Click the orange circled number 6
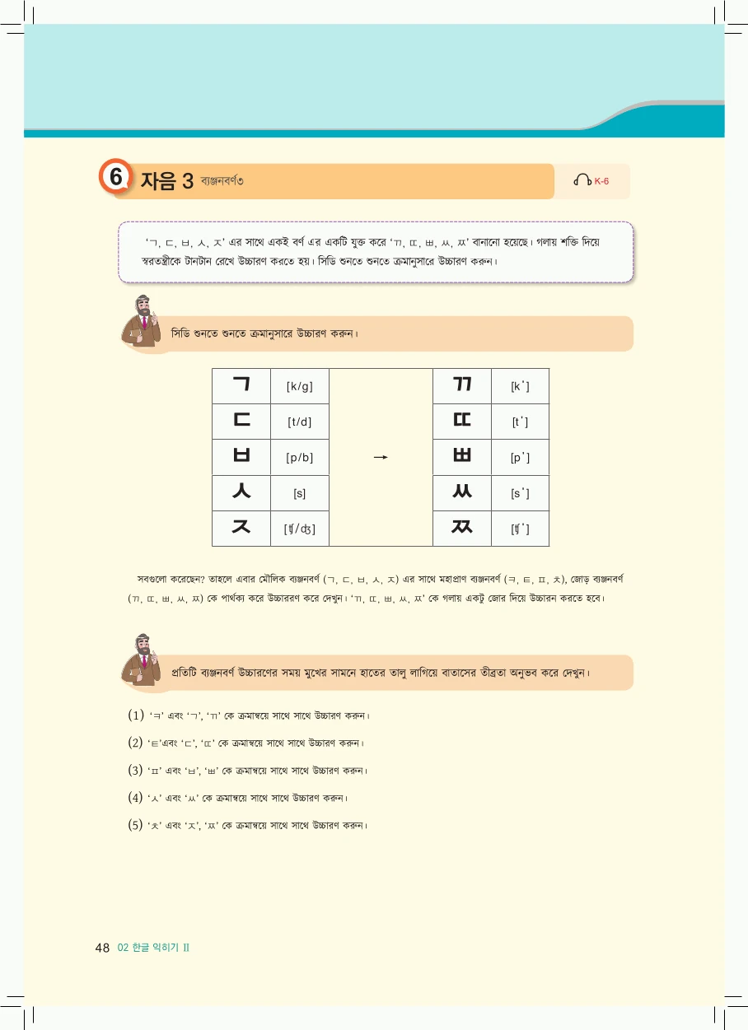116,179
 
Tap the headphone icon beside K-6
582,180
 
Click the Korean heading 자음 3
166,180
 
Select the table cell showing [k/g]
300,386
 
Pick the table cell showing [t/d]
300,422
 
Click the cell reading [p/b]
300,458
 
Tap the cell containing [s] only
300,493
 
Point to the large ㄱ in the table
241,385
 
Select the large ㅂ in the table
241,457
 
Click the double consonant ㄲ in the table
461,385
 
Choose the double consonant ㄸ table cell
461,422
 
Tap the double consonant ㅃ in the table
461,457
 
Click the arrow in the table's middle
380,457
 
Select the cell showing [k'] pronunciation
520,386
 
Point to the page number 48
102,948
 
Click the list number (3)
136,771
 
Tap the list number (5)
136,824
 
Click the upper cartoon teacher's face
144,310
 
